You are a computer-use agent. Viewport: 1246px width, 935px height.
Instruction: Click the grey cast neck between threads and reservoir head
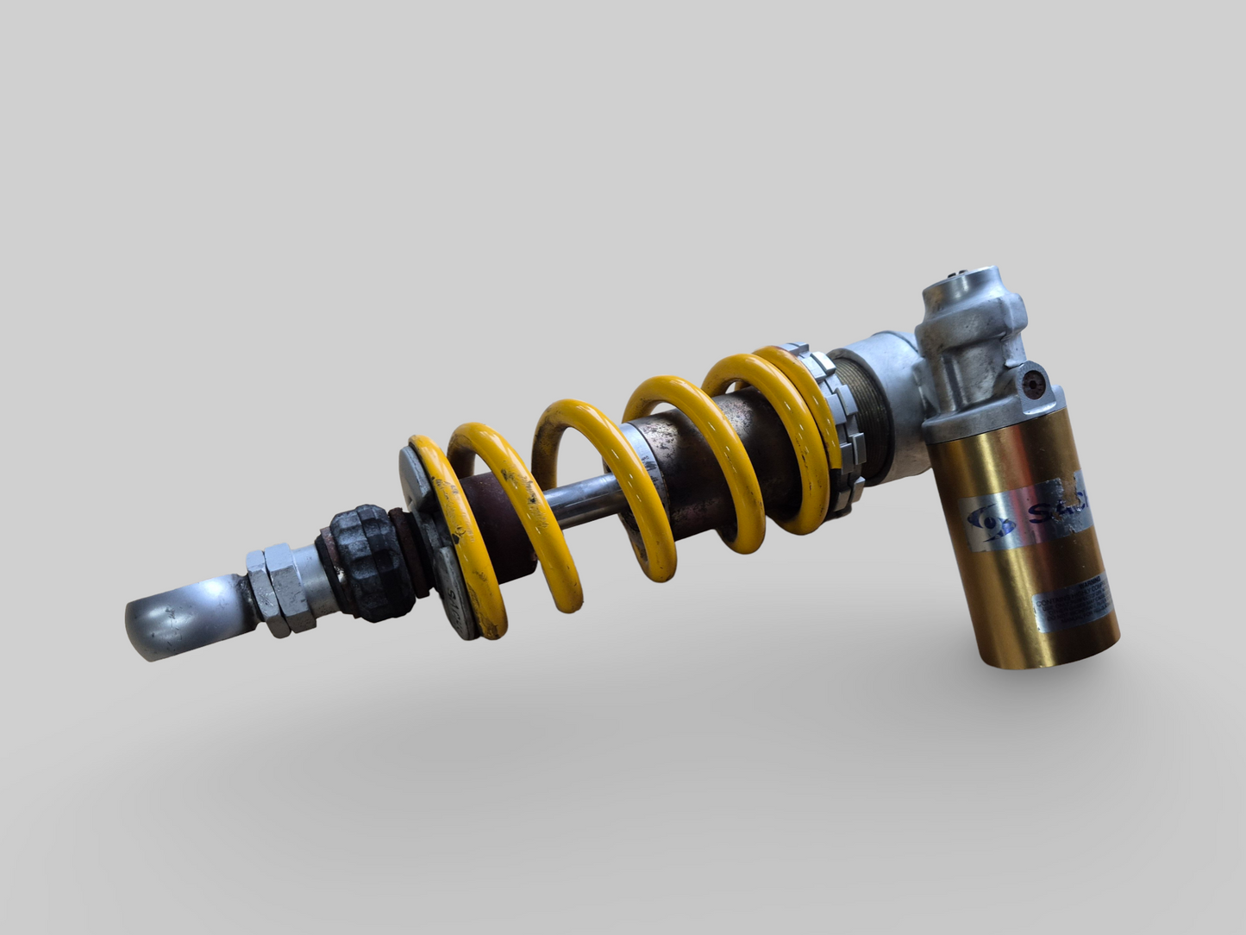tap(888, 362)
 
